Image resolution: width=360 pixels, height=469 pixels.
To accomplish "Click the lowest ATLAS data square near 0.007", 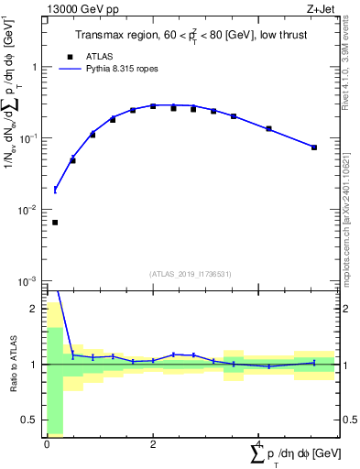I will tap(55, 222).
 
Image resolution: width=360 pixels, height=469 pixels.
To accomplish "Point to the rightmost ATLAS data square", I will tap(313, 147).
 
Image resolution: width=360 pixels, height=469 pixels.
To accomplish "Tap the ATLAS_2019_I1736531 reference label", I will tap(191, 274).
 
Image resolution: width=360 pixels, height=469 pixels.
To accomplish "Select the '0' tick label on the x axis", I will tap(47, 443).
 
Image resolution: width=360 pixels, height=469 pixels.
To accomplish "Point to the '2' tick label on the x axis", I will tap(153, 443).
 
